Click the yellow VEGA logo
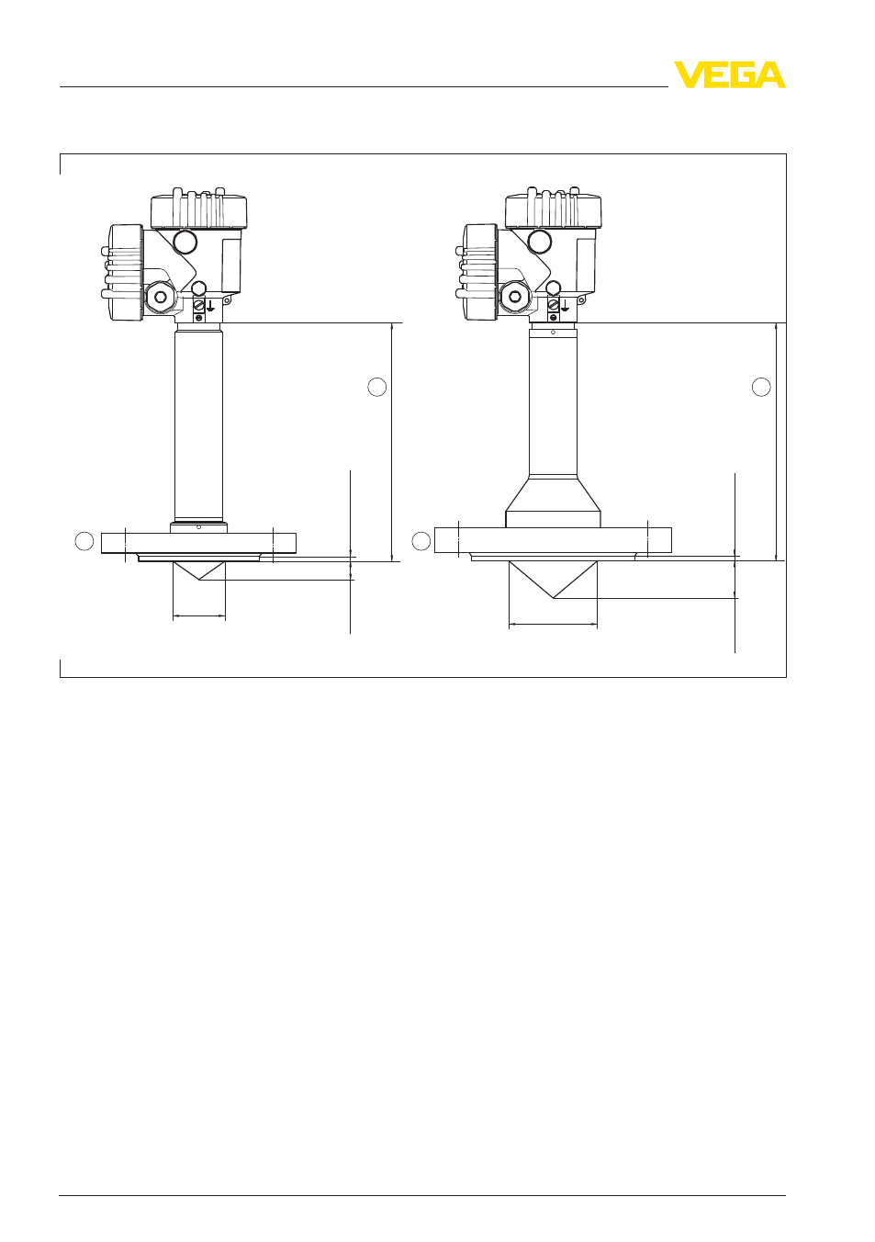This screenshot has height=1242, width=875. pos(729,74)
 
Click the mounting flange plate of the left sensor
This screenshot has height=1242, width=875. pos(198,543)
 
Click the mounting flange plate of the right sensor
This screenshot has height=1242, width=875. pos(553,540)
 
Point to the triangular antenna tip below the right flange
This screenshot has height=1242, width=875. pos(553,580)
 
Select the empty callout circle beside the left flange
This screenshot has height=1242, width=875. pos(84,541)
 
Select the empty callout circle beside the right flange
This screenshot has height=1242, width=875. pos(421,541)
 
